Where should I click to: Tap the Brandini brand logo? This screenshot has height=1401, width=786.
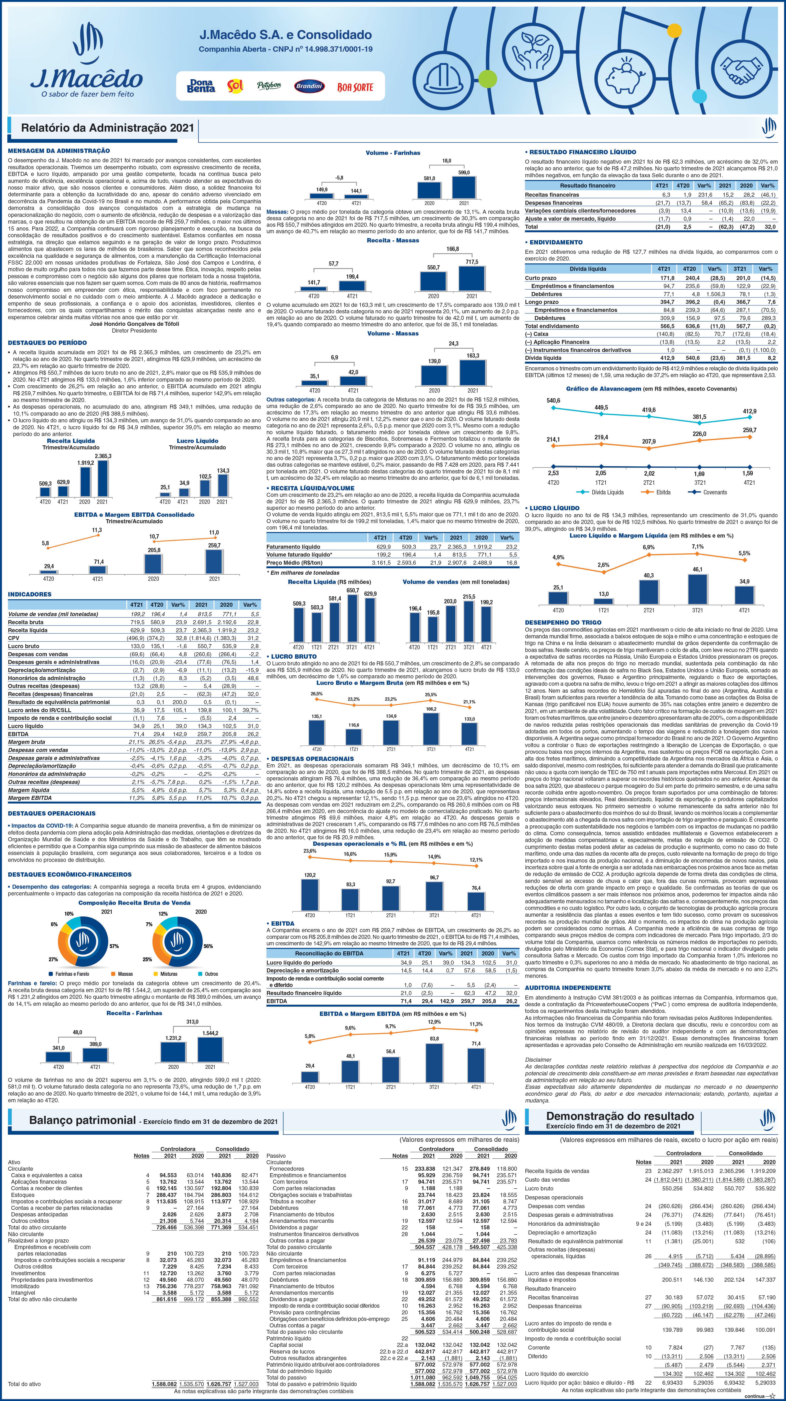[x=309, y=86]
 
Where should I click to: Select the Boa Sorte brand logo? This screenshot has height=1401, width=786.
[x=355, y=86]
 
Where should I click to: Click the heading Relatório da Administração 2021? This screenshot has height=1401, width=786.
[x=107, y=128]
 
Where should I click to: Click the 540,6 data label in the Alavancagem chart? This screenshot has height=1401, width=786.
[x=553, y=401]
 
